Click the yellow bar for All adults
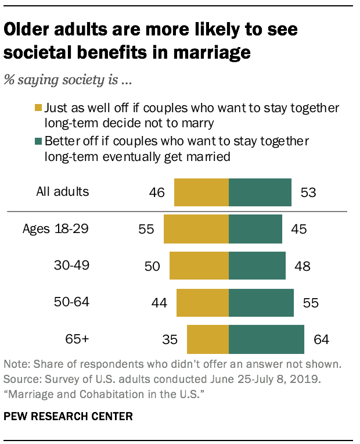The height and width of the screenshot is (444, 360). pyautogui.click(x=201, y=192)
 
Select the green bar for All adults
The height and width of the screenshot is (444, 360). pyautogui.click(x=260, y=192)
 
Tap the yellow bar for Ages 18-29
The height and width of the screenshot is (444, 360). pyautogui.click(x=196, y=229)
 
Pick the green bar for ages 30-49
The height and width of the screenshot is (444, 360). pyautogui.click(x=257, y=266)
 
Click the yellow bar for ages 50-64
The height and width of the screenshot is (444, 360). pyautogui.click(x=203, y=302)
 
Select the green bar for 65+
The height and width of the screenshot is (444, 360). pyautogui.click(x=267, y=339)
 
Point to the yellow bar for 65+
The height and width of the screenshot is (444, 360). pyautogui.click(x=208, y=339)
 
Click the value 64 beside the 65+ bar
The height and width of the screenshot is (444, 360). pyautogui.click(x=321, y=339)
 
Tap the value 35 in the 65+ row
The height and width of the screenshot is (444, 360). pyautogui.click(x=170, y=339)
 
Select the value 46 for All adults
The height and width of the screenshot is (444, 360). pyautogui.click(x=157, y=192)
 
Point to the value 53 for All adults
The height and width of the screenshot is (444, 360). pyautogui.click(x=308, y=192)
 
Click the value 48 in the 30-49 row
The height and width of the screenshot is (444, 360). pyautogui.click(x=302, y=266)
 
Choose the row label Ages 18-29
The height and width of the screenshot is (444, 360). pyautogui.click(x=56, y=228)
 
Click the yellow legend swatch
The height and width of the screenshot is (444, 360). pyautogui.click(x=39, y=109)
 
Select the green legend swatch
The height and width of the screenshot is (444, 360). pyautogui.click(x=39, y=142)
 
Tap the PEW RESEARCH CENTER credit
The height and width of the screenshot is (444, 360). pyautogui.click(x=68, y=417)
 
